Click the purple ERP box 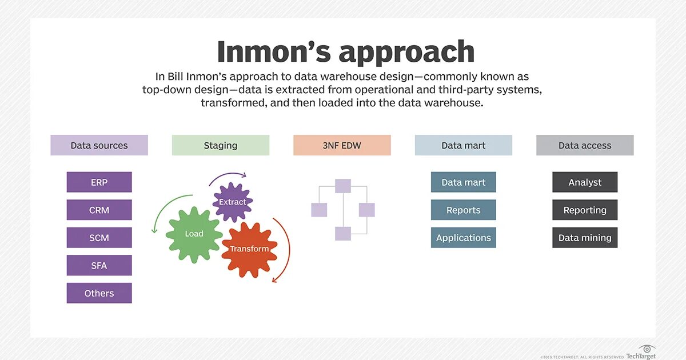pyautogui.click(x=99, y=182)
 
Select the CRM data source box pyautogui.click(x=99, y=210)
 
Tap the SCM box pyautogui.click(x=99, y=238)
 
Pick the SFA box pyautogui.click(x=99, y=265)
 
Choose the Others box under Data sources pyautogui.click(x=99, y=293)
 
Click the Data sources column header pyautogui.click(x=99, y=145)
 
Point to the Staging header pyautogui.click(x=220, y=145)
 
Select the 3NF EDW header pyautogui.click(x=342, y=145)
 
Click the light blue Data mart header pyautogui.click(x=463, y=145)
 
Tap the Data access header pyautogui.click(x=585, y=145)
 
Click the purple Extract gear pyautogui.click(x=233, y=202)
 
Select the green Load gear pyautogui.click(x=194, y=234)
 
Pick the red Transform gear pyautogui.click(x=249, y=249)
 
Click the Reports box pyautogui.click(x=463, y=210)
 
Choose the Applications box pyautogui.click(x=463, y=238)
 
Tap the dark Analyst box pyautogui.click(x=585, y=182)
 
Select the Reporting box pyautogui.click(x=585, y=210)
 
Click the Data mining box pyautogui.click(x=585, y=238)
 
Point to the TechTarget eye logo pyautogui.click(x=647, y=348)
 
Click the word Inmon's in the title pyautogui.click(x=273, y=52)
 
